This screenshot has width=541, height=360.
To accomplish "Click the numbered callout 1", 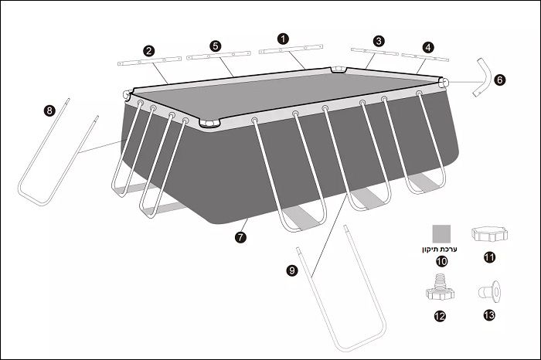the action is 283,39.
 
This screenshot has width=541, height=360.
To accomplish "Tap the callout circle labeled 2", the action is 148,51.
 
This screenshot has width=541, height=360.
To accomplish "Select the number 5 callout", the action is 216,46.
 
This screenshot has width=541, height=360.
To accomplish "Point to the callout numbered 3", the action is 379,41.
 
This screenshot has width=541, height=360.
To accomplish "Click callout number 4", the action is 428,47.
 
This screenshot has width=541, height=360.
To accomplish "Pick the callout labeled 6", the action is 499,80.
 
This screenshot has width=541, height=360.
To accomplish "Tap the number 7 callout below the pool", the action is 240,237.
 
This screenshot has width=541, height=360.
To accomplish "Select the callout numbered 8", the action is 49,110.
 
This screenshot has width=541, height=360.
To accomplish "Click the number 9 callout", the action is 292,270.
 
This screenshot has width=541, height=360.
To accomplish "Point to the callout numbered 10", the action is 441,262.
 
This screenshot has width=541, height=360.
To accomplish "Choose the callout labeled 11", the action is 489,257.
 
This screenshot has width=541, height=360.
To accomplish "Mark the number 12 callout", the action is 440,316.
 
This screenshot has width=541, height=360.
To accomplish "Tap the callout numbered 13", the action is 489,315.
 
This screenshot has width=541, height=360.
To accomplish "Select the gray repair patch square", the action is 441,234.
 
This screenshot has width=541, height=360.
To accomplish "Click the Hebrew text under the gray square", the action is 439,250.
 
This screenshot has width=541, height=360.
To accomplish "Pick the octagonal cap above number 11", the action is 489,234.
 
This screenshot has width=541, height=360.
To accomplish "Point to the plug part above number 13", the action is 489,292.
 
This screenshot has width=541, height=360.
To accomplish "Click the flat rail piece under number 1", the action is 291,49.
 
